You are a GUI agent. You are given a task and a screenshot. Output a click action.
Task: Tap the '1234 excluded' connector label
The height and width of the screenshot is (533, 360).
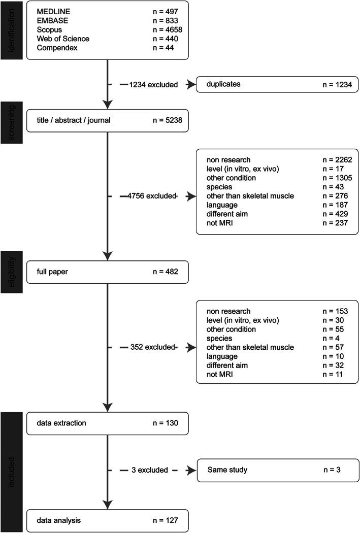pyautogui.click(x=153, y=85)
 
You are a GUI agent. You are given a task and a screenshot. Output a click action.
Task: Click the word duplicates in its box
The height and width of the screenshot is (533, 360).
pyautogui.click(x=223, y=84)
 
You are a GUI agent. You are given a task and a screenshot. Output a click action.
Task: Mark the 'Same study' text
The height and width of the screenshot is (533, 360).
pyautogui.click(x=227, y=470)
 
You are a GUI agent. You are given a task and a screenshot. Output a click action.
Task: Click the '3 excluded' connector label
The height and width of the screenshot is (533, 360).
pyautogui.click(x=151, y=470)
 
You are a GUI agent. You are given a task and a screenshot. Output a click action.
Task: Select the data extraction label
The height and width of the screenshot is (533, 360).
pyautogui.click(x=61, y=423)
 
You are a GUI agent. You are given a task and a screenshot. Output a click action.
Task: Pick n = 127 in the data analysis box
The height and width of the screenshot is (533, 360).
pyautogui.click(x=162, y=520)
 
